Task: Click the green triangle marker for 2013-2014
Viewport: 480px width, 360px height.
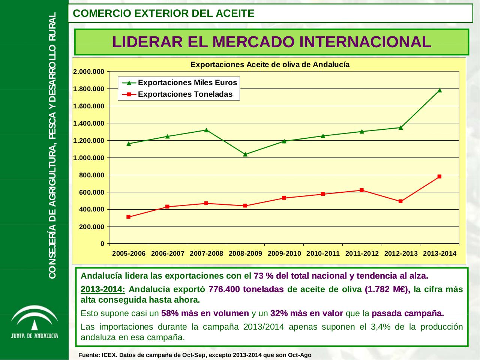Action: [439, 90]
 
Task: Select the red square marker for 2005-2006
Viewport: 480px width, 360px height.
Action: [128, 217]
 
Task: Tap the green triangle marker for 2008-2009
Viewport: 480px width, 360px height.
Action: [245, 154]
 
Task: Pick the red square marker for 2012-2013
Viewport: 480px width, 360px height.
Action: [400, 201]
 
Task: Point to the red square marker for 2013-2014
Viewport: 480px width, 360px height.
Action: [439, 176]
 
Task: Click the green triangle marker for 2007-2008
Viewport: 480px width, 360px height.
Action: [206, 130]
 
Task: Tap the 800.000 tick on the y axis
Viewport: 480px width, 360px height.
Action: [93, 175]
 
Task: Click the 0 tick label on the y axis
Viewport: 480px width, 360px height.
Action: [102, 244]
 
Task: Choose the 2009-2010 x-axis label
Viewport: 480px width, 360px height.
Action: [284, 253]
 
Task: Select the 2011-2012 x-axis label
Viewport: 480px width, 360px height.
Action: [362, 253]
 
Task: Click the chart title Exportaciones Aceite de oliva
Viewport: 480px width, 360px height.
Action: [270, 64]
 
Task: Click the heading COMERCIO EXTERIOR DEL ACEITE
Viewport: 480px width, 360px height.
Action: [163, 13]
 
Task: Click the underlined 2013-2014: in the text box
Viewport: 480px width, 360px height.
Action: [103, 289]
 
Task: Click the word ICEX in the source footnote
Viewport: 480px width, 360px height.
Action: [110, 355]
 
